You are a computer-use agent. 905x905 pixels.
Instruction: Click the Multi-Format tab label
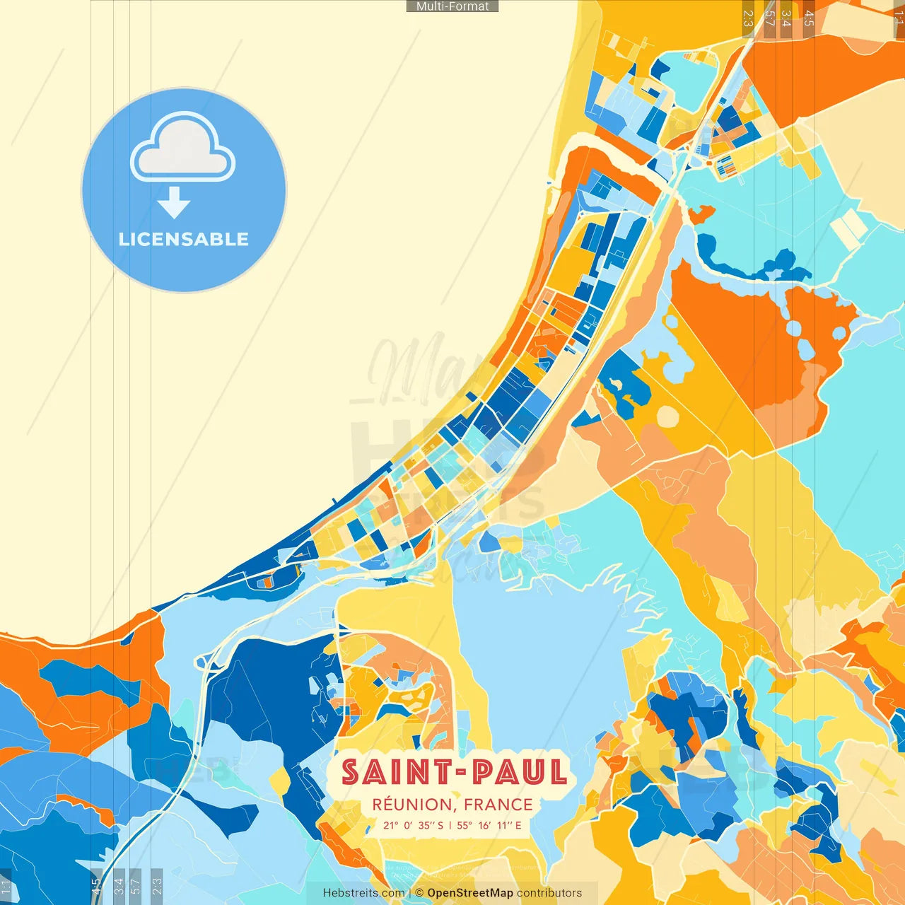tap(452, 6)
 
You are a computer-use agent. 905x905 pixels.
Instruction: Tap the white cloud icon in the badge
tap(183, 148)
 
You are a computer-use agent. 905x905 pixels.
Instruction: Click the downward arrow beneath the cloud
tap(174, 204)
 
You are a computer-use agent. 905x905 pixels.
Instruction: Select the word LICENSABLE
tap(184, 240)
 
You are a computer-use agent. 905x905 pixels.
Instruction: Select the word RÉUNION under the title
tap(413, 805)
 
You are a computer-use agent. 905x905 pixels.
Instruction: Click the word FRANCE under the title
tap(498, 805)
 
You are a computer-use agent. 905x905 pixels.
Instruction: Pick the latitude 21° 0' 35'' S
tap(414, 825)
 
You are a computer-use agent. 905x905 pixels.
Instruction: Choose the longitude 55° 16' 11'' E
tap(489, 825)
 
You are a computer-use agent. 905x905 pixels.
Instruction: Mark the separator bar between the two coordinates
tap(450, 825)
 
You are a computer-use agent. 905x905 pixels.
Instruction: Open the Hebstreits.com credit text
tap(363, 893)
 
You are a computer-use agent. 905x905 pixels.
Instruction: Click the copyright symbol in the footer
tap(419, 893)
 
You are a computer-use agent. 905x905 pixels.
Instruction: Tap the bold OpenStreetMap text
tap(470, 893)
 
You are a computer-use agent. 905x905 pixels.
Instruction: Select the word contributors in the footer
tap(549, 893)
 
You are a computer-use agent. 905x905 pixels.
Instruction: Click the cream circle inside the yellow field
tap(667, 417)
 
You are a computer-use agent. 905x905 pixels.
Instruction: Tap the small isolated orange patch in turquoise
tap(701, 213)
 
